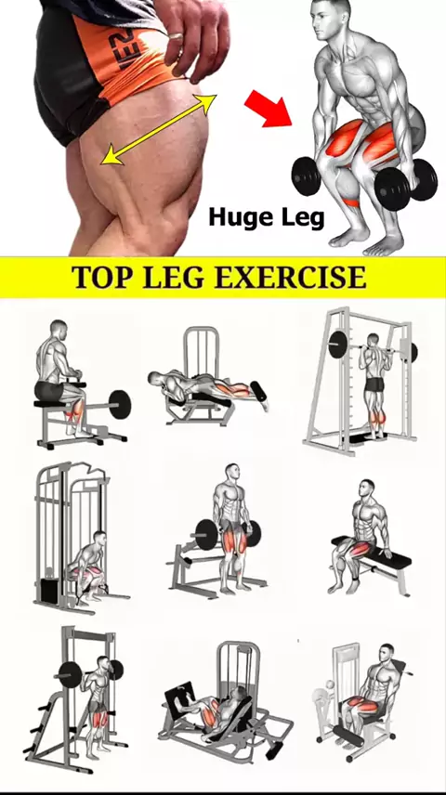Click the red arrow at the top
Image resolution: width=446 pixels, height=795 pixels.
(269, 108)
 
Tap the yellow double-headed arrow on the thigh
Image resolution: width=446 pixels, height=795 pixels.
(159, 129)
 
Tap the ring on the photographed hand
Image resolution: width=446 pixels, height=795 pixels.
(174, 38)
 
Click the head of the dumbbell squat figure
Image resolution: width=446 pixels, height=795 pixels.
(332, 19)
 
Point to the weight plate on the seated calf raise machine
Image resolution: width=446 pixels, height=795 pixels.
(120, 404)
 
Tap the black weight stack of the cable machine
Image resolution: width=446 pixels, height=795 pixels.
(50, 591)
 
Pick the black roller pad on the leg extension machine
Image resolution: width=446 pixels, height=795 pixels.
(348, 736)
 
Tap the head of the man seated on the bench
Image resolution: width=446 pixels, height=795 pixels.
(366, 488)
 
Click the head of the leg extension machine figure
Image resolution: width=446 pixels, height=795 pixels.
(387, 652)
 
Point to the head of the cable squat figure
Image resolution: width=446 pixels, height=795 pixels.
(100, 539)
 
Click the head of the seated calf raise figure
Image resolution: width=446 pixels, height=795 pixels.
(59, 330)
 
